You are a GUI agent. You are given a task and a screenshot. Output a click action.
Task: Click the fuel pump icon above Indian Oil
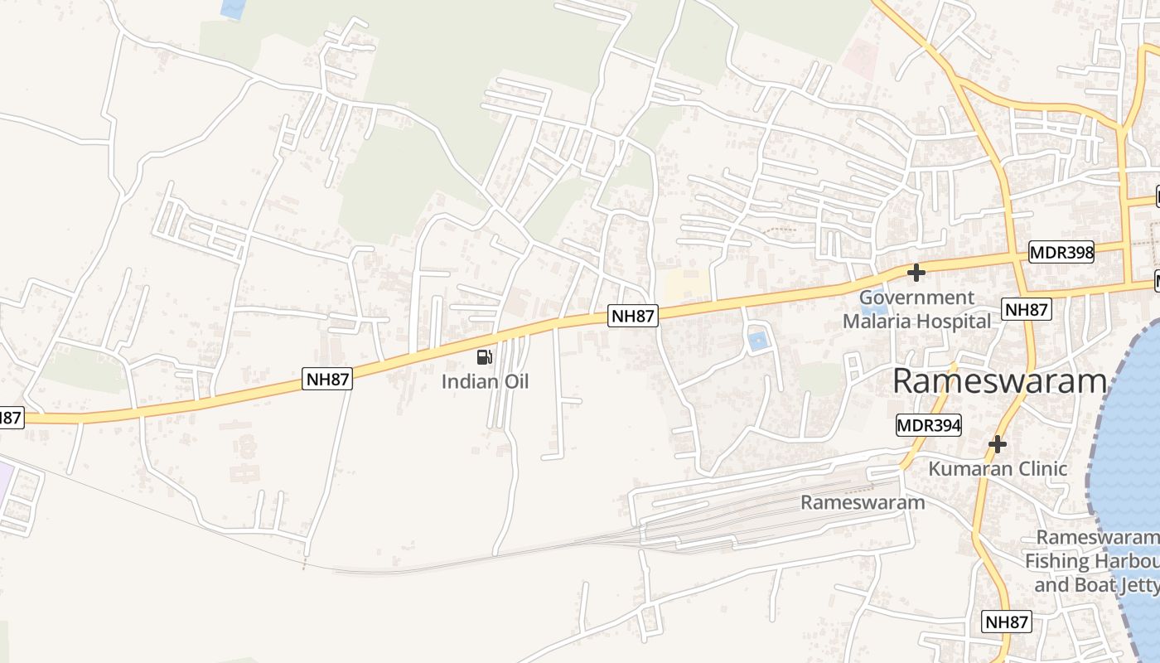pyautogui.click(x=485, y=357)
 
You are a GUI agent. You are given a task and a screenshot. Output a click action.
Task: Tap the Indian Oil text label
pyautogui.click(x=485, y=382)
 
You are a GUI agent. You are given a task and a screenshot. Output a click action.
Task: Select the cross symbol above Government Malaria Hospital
pyautogui.click(x=916, y=272)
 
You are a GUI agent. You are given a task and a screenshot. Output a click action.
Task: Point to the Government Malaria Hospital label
pyautogui.click(x=916, y=309)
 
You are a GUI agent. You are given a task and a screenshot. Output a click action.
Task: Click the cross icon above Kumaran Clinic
pyautogui.click(x=998, y=444)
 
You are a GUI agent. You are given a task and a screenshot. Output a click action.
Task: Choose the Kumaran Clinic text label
pyautogui.click(x=998, y=468)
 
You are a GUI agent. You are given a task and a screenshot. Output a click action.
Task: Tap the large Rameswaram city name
pyautogui.click(x=1000, y=381)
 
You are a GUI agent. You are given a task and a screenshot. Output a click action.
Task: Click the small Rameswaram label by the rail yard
pyautogui.click(x=863, y=502)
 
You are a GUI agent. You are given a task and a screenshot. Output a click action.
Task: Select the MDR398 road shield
pyautogui.click(x=1061, y=252)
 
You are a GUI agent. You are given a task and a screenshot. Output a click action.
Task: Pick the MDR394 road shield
pyautogui.click(x=929, y=426)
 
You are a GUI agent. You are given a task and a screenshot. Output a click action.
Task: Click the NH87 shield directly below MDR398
pyautogui.click(x=1026, y=310)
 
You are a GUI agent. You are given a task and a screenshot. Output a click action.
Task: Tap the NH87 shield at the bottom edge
pyautogui.click(x=1008, y=622)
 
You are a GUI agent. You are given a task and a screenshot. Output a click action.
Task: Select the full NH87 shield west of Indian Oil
pyautogui.click(x=328, y=380)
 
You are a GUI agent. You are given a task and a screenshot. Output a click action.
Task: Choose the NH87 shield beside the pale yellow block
pyautogui.click(x=633, y=315)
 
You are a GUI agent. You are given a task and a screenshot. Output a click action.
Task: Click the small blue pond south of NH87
pyautogui.click(x=757, y=340)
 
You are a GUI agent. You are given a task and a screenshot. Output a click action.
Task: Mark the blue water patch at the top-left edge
pyautogui.click(x=234, y=8)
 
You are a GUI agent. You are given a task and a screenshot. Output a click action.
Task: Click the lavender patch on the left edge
pyautogui.click(x=4, y=482)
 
